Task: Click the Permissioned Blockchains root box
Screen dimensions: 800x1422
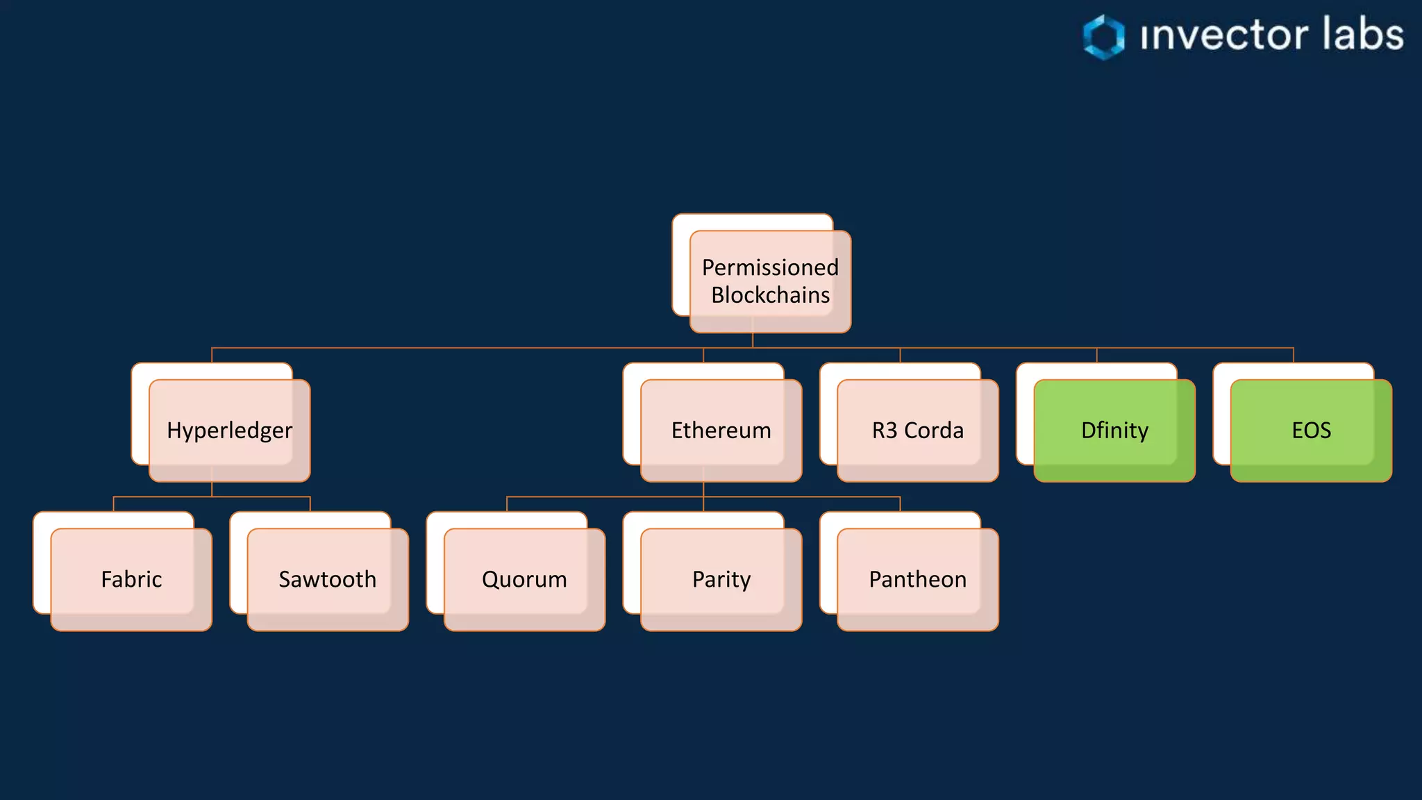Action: [x=770, y=281]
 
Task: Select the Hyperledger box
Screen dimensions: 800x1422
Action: [x=229, y=431]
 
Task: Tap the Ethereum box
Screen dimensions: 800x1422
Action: [x=721, y=431]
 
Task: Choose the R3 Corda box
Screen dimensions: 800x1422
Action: [x=917, y=431]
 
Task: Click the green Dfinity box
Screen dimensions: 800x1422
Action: [x=1114, y=431]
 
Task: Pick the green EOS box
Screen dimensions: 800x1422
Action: [x=1311, y=431]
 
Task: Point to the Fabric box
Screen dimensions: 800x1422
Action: [x=131, y=579]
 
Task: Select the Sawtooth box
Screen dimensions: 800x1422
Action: [x=328, y=579]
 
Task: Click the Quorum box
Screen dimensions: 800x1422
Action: [x=524, y=579]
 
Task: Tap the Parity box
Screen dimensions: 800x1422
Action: [x=721, y=579]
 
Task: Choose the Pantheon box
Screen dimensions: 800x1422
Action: [x=917, y=579]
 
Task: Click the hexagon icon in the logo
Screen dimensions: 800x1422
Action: [x=1104, y=37]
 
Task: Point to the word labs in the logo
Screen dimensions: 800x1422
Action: [x=1362, y=35]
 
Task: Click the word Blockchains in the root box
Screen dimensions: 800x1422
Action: [x=770, y=295]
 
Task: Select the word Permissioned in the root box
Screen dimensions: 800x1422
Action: [x=770, y=267]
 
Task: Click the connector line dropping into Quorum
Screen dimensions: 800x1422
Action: [x=507, y=504]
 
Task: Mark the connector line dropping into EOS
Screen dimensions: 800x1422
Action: [x=1294, y=355]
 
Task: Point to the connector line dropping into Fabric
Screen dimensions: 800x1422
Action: [x=114, y=504]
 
